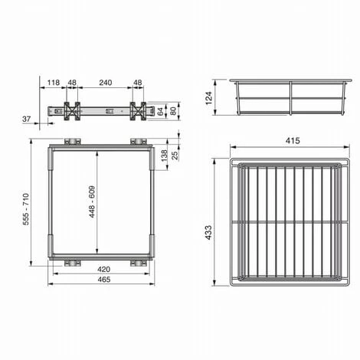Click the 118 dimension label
point(54,83)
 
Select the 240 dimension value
point(106,83)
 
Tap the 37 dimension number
point(27,119)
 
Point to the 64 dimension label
point(160,111)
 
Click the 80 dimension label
point(173,111)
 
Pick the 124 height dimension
point(208,98)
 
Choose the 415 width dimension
point(293,140)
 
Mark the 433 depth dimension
point(208,232)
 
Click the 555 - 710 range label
point(26,209)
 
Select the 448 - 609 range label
point(92,201)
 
